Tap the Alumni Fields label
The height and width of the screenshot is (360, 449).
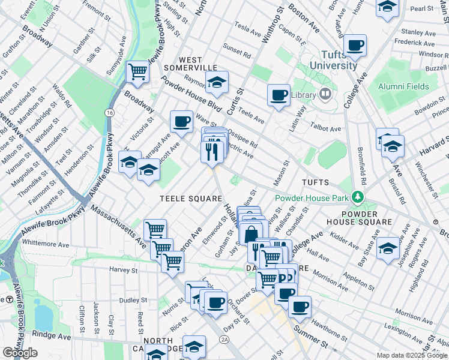[x=403, y=86]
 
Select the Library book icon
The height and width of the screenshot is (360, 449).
[x=325, y=94]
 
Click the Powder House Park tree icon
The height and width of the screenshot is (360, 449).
[x=358, y=197]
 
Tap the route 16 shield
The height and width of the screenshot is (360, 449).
[x=109, y=113]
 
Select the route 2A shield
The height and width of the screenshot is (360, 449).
[x=224, y=340]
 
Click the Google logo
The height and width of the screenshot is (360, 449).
[x=20, y=353]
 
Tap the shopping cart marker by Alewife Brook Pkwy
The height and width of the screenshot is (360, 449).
[x=137, y=73]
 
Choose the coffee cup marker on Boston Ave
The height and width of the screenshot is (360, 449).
[x=355, y=45]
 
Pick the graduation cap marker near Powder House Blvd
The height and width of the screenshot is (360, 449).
[x=217, y=82]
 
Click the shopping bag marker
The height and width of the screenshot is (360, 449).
[x=251, y=234]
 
